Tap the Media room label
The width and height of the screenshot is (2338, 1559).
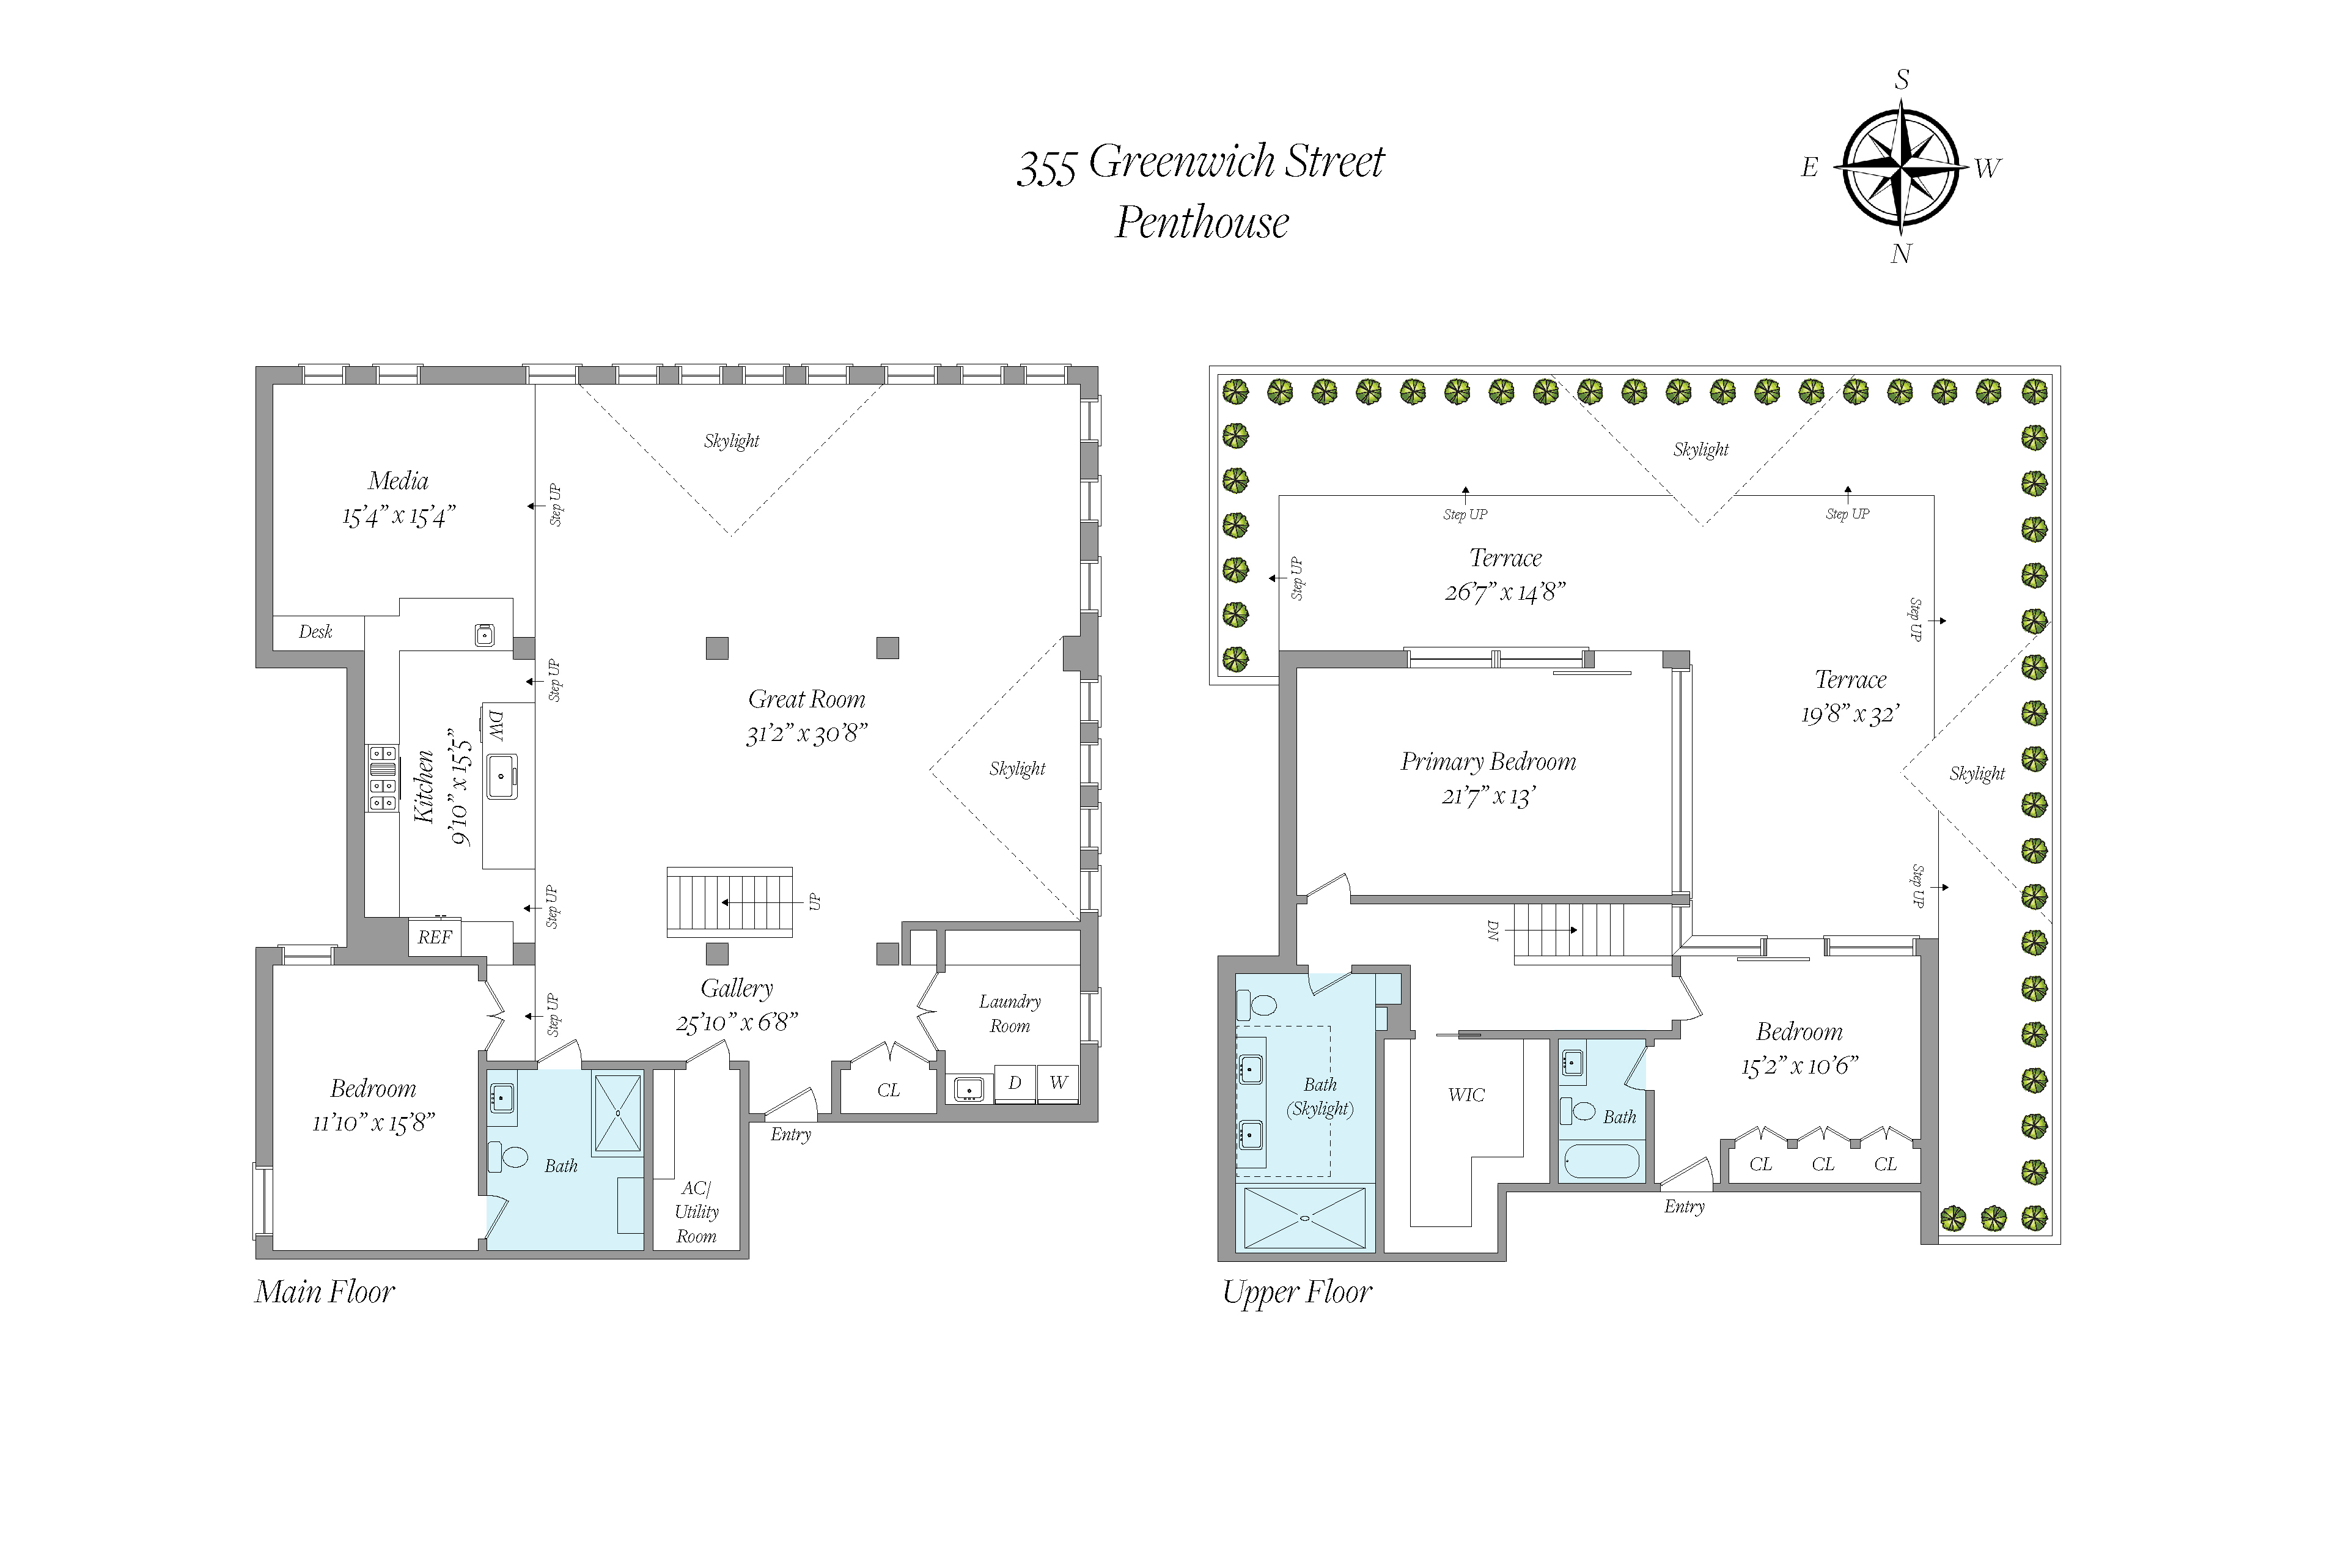click(x=398, y=481)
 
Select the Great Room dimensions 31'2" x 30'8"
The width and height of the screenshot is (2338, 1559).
click(x=806, y=734)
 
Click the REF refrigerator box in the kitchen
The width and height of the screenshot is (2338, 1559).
click(x=435, y=937)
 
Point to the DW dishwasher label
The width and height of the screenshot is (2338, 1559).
click(x=495, y=726)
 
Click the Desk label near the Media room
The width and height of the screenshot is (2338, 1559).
click(x=315, y=632)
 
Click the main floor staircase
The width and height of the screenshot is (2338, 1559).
click(x=730, y=902)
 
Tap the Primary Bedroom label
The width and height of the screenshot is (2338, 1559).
click(x=1488, y=762)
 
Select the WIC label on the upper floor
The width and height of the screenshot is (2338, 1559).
click(x=1466, y=1095)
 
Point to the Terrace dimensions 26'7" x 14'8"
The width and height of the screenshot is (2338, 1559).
click(x=1505, y=592)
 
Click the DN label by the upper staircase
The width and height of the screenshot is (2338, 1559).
click(x=1492, y=931)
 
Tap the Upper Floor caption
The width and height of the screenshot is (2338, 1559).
click(x=1297, y=1292)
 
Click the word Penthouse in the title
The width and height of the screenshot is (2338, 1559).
click(x=1202, y=222)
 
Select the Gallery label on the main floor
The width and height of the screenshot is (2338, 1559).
click(x=737, y=989)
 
